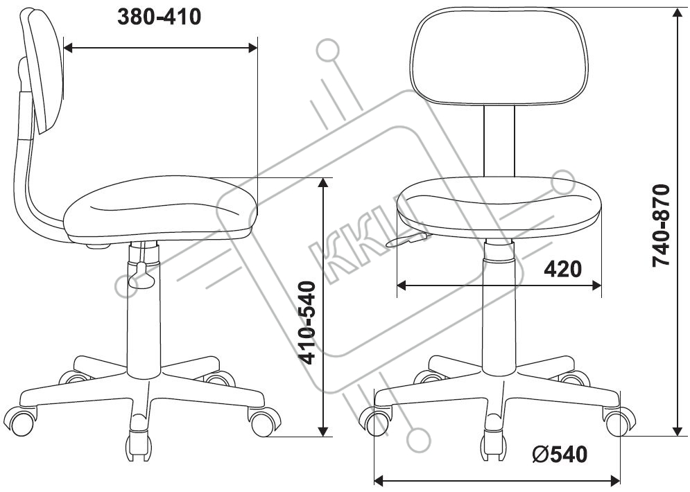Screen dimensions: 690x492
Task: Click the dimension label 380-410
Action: point(159,17)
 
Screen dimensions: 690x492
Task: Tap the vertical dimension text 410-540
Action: point(307,323)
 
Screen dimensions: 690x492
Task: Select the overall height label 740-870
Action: point(661,225)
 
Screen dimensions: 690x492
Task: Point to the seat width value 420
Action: point(563,269)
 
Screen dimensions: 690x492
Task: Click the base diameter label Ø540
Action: point(560,454)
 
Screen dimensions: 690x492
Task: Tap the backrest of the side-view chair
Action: point(44,71)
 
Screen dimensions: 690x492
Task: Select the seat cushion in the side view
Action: point(161,207)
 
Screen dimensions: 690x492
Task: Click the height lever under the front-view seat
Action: point(407,240)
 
